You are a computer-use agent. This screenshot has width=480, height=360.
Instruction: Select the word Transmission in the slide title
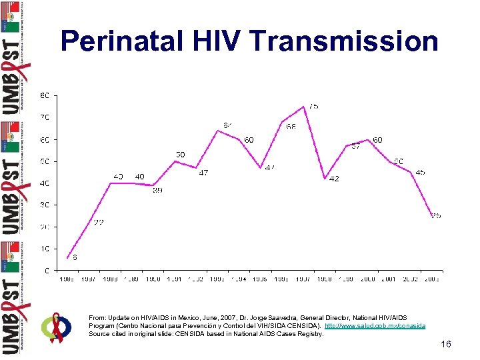point(347,41)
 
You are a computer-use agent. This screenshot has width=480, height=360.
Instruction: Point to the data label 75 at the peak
point(313,106)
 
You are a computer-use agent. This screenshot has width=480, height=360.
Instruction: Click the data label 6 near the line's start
point(75,257)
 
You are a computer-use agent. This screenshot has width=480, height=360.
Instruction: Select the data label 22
point(98,222)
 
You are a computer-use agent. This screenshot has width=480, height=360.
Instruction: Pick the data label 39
point(157,191)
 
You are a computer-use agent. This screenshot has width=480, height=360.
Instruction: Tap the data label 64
point(228,125)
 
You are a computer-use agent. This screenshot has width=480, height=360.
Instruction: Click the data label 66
point(291,127)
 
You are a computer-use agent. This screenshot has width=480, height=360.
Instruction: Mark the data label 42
point(334,179)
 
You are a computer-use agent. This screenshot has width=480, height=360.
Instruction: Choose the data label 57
point(355,147)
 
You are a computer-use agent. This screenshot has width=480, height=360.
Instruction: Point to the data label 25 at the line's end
point(435,215)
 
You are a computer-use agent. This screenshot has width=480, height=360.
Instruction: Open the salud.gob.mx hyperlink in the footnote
point(374,326)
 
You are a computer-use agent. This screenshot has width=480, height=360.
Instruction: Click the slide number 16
point(446,344)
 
